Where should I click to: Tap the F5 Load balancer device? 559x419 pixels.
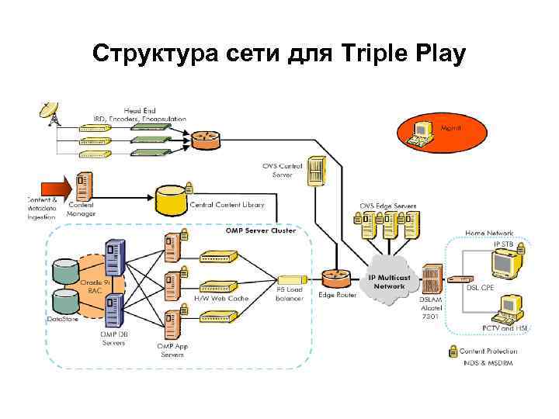290,279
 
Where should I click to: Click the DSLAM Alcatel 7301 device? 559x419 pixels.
432,279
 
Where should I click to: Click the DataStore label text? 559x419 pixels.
63,319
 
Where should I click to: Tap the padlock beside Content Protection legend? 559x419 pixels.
453,351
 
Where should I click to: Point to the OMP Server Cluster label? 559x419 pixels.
260,230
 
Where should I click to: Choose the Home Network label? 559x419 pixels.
489,232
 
